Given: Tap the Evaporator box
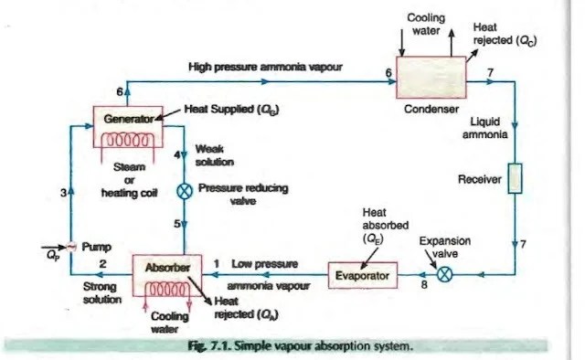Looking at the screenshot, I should [363, 273].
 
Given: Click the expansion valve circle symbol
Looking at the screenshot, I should [445, 273].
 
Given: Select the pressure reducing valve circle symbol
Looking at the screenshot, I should [185, 191].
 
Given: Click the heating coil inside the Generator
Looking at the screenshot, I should [127, 141].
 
